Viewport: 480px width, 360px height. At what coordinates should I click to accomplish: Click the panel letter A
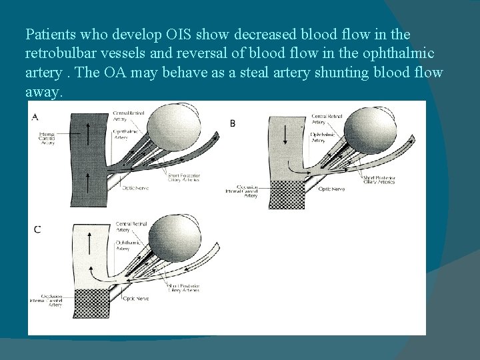point(34,117)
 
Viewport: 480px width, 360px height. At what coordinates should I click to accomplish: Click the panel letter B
point(233,123)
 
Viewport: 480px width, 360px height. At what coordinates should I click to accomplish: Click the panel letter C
point(37,230)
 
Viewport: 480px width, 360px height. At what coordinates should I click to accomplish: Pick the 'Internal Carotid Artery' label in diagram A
point(48,139)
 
